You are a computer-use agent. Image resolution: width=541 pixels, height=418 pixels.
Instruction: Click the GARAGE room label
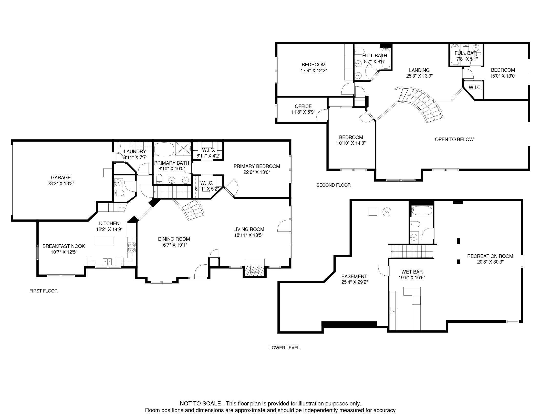tap(61, 177)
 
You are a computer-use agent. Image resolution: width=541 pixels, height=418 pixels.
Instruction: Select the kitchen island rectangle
tap(105, 240)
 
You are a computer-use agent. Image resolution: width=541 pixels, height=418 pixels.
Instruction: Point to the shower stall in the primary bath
tap(183, 148)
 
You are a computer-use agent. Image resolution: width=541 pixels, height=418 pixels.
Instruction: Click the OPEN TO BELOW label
tap(454, 139)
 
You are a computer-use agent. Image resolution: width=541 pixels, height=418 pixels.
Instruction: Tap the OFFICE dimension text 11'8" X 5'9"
tap(303, 112)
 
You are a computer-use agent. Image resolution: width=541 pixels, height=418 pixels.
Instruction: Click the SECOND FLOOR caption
tap(334, 185)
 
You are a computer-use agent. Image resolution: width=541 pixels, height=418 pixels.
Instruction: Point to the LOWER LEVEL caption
tap(284, 348)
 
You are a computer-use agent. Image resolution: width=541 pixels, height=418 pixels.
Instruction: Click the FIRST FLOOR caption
tap(44, 291)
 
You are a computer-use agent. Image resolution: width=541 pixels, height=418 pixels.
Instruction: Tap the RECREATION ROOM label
tap(490, 256)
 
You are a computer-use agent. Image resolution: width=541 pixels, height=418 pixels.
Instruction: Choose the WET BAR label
tap(412, 272)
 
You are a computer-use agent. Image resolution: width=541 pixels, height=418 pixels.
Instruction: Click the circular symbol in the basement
tap(387, 212)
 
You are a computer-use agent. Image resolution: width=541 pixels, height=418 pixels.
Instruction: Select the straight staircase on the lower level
tap(412, 251)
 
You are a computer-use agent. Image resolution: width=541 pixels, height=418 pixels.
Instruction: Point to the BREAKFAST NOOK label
tap(64, 246)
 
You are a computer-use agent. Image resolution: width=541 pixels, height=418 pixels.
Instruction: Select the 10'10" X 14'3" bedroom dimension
tap(351, 143)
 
